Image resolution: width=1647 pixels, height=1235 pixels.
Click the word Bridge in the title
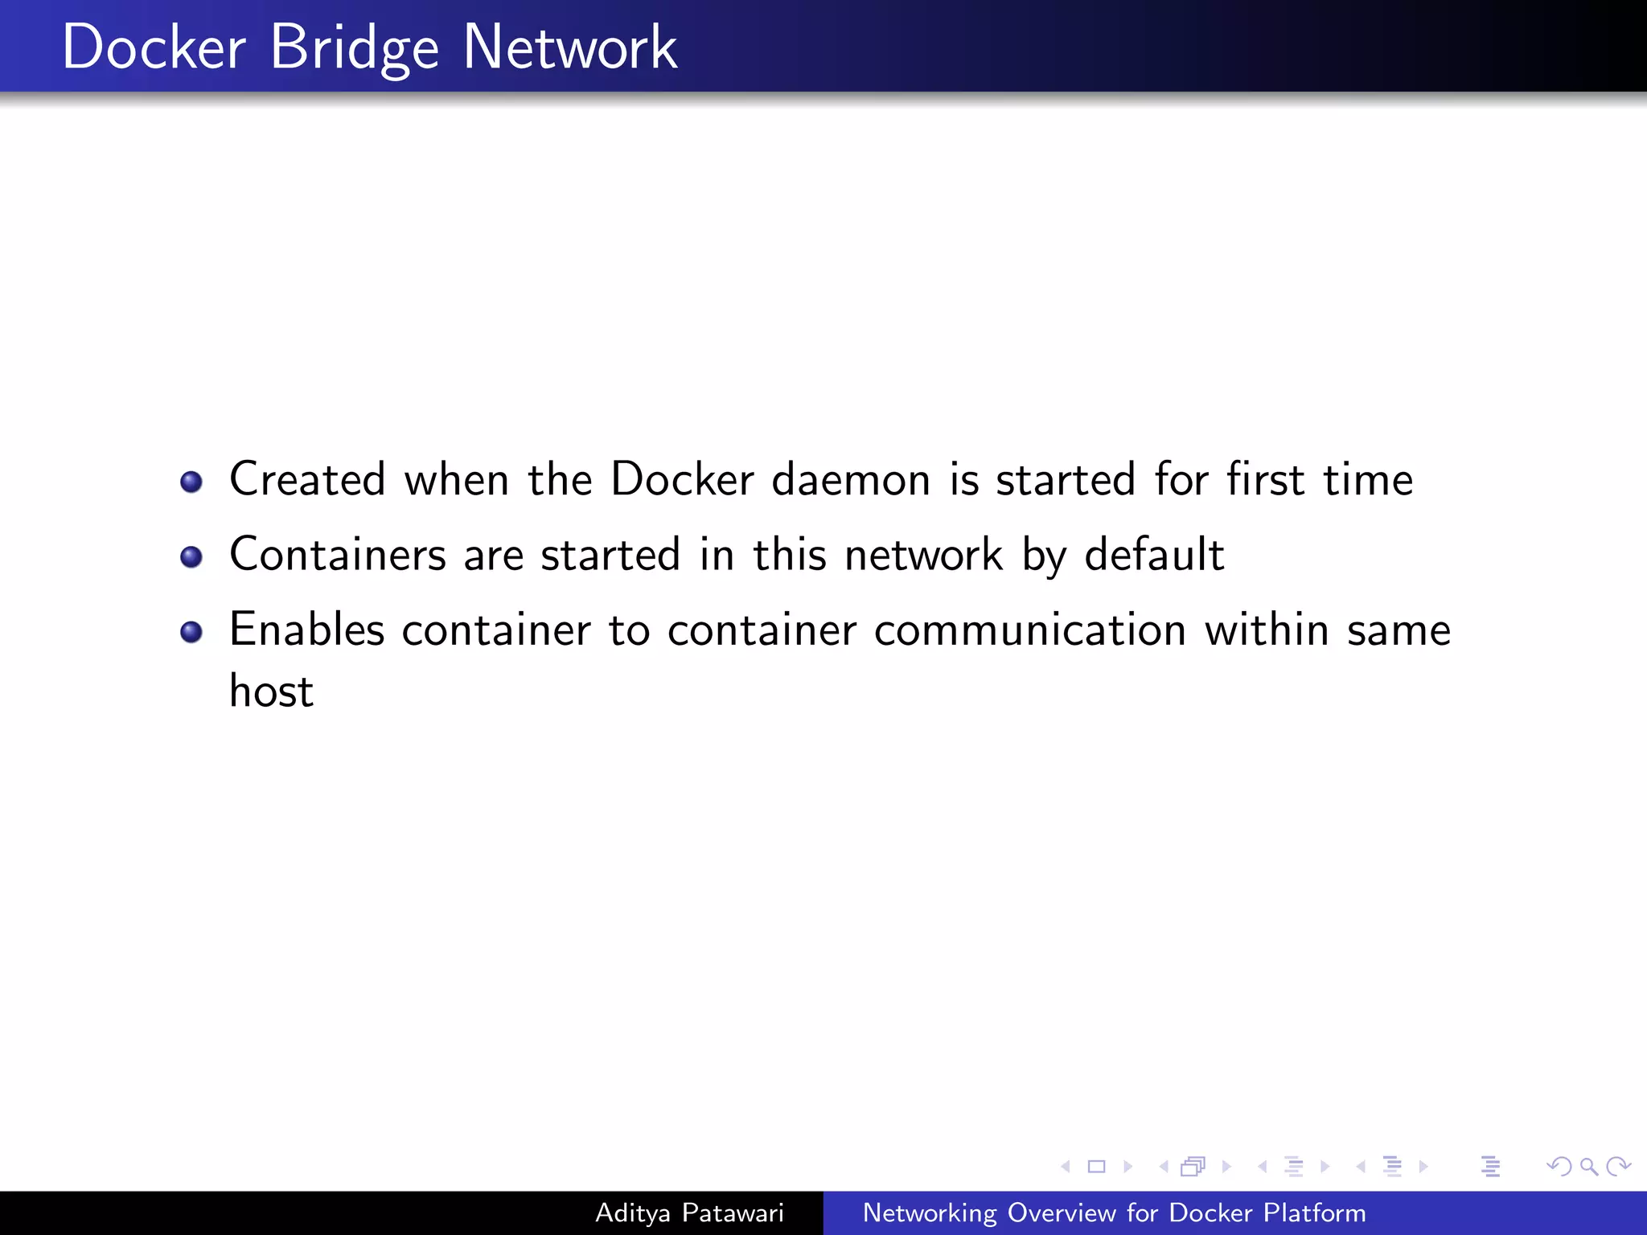(x=354, y=48)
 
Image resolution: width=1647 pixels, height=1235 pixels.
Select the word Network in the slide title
(x=569, y=48)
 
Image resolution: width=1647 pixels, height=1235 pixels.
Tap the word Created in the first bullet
(x=308, y=480)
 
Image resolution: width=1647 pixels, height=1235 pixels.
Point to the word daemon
(x=851, y=480)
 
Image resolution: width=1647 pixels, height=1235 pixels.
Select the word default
(x=1154, y=555)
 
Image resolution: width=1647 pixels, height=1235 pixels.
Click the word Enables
(x=307, y=630)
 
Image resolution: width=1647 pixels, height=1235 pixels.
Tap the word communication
(x=1030, y=630)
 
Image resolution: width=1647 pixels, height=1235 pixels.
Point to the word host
(x=272, y=691)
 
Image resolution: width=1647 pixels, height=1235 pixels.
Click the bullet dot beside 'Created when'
(x=191, y=482)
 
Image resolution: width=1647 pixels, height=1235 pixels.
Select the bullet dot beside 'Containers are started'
(x=191, y=557)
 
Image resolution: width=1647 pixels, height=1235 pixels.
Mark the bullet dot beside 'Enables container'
(x=191, y=632)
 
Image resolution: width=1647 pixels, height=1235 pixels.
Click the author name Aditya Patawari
(x=689, y=1213)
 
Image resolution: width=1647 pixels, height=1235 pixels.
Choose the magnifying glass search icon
(x=1588, y=1167)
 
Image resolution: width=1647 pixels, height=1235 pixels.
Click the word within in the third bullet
(x=1267, y=630)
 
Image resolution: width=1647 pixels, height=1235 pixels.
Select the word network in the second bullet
(x=923, y=555)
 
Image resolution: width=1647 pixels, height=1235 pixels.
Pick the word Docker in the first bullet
(x=682, y=480)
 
